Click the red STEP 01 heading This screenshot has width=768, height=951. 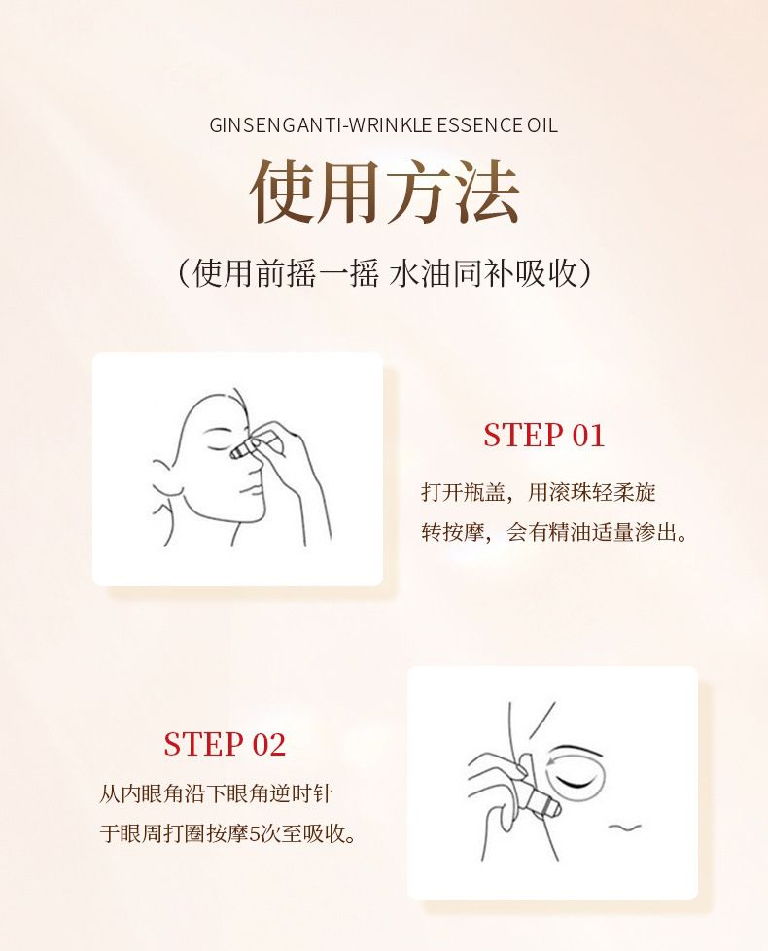[x=543, y=435]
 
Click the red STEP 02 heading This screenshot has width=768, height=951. [x=225, y=744]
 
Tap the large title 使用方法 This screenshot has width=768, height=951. [x=384, y=192]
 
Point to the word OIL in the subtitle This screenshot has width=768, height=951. [x=541, y=124]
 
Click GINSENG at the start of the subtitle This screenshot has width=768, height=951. [x=248, y=124]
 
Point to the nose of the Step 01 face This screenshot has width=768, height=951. [x=255, y=464]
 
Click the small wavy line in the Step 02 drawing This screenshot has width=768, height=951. [x=624, y=827]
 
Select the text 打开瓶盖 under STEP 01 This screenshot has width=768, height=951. [x=463, y=492]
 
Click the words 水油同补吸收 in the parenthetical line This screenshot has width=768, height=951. [x=482, y=273]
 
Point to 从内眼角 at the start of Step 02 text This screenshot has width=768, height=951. [x=141, y=793]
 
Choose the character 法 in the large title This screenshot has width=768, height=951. [x=488, y=192]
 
